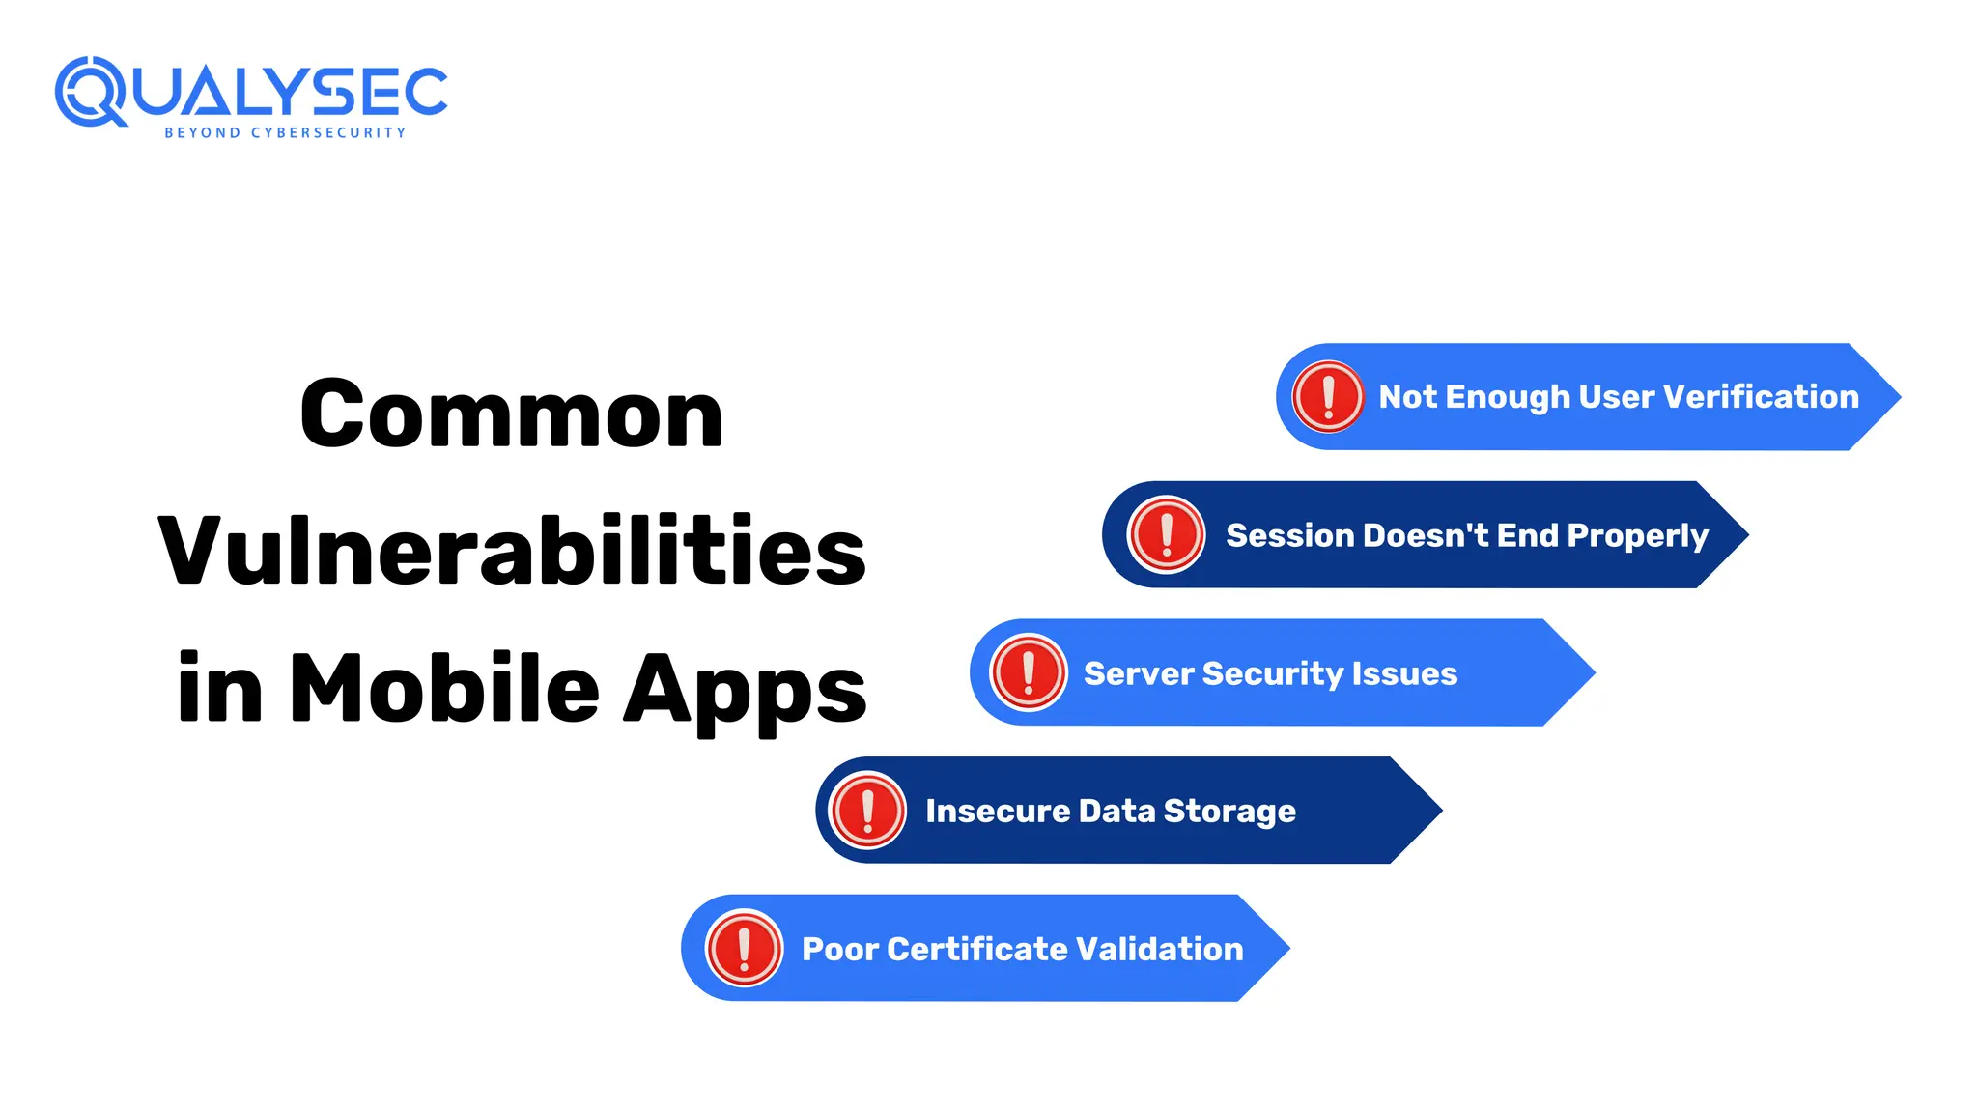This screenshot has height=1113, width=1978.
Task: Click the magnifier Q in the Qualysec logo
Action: (89, 92)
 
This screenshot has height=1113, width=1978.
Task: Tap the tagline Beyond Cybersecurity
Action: (285, 133)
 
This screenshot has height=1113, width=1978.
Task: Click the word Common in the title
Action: (511, 414)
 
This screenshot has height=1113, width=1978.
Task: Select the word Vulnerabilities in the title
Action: (512, 552)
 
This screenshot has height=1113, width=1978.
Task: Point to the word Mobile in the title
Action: (444, 689)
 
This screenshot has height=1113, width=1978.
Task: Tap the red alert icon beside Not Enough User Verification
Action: (1328, 396)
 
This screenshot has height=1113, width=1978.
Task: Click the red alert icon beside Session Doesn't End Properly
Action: (1167, 534)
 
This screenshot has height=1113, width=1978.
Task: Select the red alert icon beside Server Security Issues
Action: (1029, 672)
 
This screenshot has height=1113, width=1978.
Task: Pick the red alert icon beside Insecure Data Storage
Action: (867, 811)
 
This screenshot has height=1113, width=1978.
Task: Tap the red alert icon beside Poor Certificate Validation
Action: (744, 949)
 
